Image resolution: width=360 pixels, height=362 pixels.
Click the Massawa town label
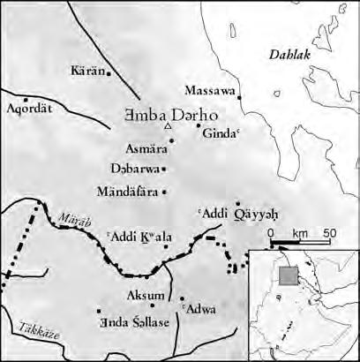point(210,90)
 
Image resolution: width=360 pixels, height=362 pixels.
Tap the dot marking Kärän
point(109,74)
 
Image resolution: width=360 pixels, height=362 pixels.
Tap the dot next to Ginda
point(199,125)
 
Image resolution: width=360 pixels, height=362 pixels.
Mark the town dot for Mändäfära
point(165,192)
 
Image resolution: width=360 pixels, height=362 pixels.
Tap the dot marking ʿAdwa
point(182,298)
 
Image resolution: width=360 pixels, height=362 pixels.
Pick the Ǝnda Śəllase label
point(138,321)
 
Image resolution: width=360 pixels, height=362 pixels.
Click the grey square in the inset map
point(287,275)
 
